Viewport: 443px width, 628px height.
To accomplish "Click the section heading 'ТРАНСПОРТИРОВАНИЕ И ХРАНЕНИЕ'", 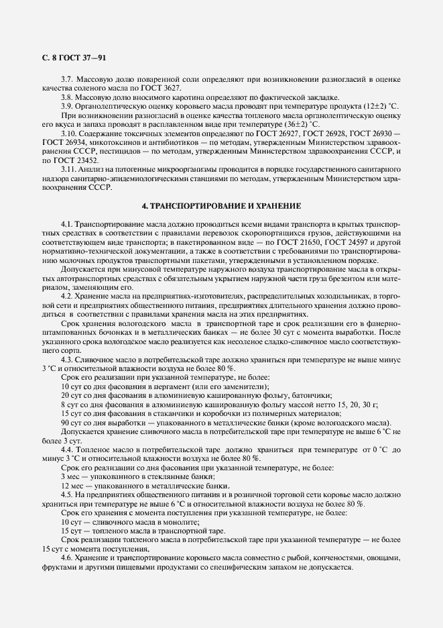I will tap(225, 204).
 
